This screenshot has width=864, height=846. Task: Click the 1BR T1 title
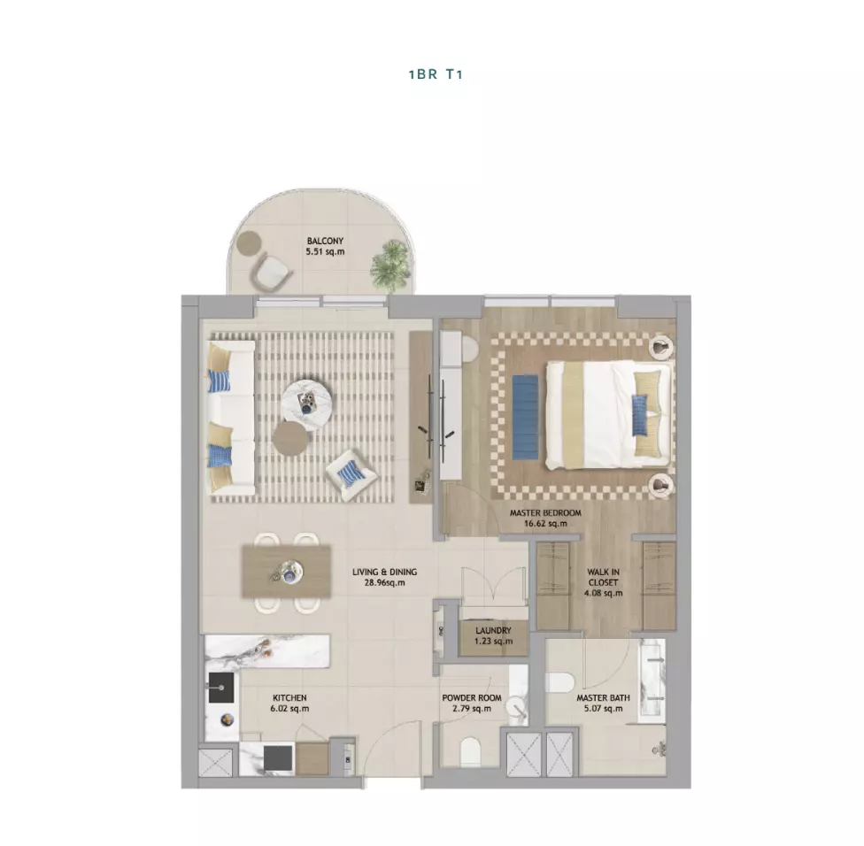[x=436, y=74]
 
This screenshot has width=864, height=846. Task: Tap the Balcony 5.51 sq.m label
[x=325, y=246]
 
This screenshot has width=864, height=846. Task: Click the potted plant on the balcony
[x=390, y=265]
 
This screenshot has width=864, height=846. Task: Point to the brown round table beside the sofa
[x=290, y=438]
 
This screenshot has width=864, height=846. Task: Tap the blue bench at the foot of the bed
[x=525, y=417]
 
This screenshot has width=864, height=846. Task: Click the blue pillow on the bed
[x=640, y=415]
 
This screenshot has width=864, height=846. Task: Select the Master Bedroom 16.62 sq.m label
[x=545, y=519]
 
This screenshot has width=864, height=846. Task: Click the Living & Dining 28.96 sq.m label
[x=384, y=577]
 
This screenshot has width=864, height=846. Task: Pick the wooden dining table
[x=287, y=573]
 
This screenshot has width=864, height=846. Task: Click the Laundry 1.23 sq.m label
[x=493, y=635]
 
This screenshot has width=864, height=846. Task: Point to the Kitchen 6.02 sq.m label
[x=289, y=704]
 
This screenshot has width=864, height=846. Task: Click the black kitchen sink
[x=220, y=688]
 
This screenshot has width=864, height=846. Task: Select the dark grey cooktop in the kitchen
[x=278, y=758]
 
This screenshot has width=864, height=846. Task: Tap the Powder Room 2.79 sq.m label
[x=472, y=704]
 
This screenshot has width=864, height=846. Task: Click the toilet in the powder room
[x=470, y=751]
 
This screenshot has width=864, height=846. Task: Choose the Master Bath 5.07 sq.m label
[x=604, y=704]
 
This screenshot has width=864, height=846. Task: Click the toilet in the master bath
[x=560, y=682]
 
